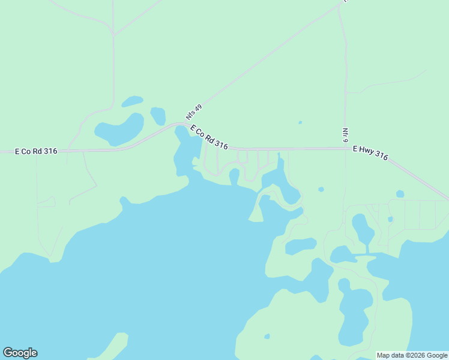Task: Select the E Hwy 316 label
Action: pos(370,153)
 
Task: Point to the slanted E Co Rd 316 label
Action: pos(209,137)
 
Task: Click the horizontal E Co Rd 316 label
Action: pos(36,151)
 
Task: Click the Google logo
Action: pos(20,353)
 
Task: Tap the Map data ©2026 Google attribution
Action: pos(412,356)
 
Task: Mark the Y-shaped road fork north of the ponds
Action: pos(113,33)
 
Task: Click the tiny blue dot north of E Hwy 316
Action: pos(300,123)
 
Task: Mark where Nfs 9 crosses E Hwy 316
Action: pos(345,148)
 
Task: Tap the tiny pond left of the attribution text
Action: pos(267,337)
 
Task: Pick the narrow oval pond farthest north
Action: pos(132,101)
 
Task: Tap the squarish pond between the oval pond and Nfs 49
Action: pos(158,115)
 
